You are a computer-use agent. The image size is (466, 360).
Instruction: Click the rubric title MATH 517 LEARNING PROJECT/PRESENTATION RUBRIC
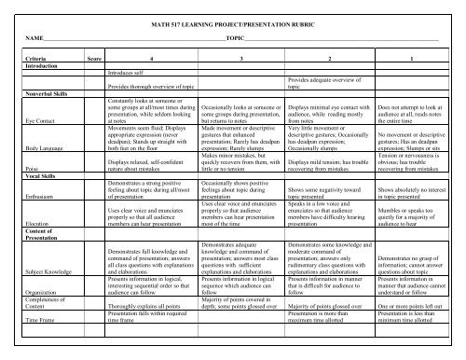[232, 21]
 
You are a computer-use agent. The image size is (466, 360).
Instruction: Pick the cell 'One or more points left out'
[412, 331]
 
